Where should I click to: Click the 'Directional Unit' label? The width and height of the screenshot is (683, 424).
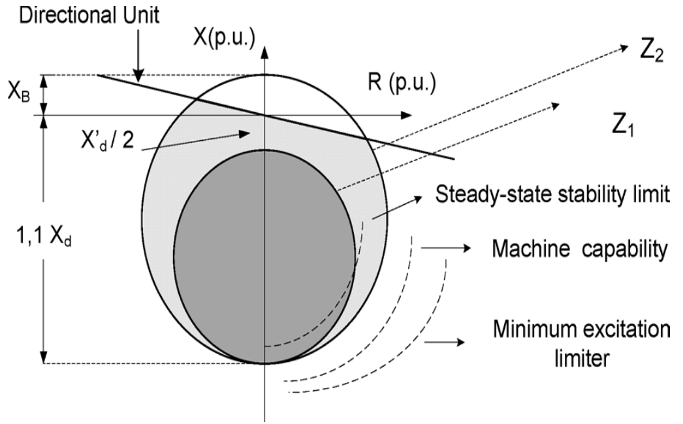(89, 16)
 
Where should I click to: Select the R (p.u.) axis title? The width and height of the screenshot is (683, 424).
(402, 82)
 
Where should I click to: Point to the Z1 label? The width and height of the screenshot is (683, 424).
(623, 127)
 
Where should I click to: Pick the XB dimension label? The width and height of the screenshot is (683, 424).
(19, 92)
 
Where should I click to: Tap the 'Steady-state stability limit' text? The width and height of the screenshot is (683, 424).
(552, 194)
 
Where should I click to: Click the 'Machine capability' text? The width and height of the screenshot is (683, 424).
(580, 249)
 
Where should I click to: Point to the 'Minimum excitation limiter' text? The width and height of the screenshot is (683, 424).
(582, 344)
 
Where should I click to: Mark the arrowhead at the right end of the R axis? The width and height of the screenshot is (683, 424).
(406, 115)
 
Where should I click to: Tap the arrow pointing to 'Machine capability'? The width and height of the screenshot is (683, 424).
(447, 248)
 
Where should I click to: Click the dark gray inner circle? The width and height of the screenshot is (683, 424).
(264, 257)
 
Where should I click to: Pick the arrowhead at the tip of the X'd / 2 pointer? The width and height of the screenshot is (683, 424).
(244, 134)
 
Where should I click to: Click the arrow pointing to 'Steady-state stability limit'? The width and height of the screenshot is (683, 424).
(397, 207)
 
